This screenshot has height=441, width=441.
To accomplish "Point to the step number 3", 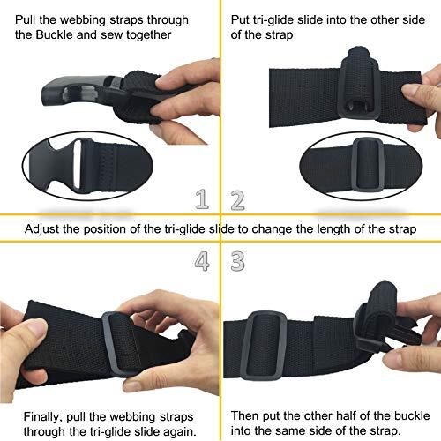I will [237, 261].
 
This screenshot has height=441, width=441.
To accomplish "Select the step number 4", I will [203, 261].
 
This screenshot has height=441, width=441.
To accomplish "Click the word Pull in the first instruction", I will [28, 19].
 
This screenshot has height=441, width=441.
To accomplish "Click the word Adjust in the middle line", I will [46, 229].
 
